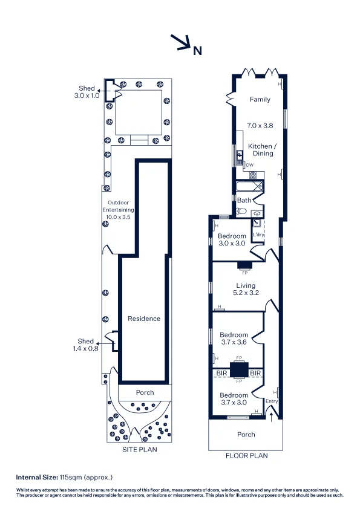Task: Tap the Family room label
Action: click(260, 99)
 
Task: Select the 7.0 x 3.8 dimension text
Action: click(260, 125)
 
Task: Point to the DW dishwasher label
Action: click(249, 165)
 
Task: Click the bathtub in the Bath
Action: click(250, 187)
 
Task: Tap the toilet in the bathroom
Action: click(241, 212)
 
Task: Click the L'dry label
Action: click(258, 235)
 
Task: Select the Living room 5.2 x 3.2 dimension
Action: click(246, 293)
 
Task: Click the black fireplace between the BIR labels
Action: click(239, 370)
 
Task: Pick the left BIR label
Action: click(221, 374)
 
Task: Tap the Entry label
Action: click(272, 401)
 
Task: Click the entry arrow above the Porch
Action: click(271, 417)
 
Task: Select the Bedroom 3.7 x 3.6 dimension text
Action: click(234, 342)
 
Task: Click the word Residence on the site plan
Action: click(144, 319)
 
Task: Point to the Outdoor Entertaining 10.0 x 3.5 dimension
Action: click(118, 217)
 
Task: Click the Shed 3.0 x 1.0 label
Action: click(87, 92)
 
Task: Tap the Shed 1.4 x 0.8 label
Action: click(85, 345)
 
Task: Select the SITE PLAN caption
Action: click(140, 450)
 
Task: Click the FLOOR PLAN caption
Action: click(247, 456)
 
